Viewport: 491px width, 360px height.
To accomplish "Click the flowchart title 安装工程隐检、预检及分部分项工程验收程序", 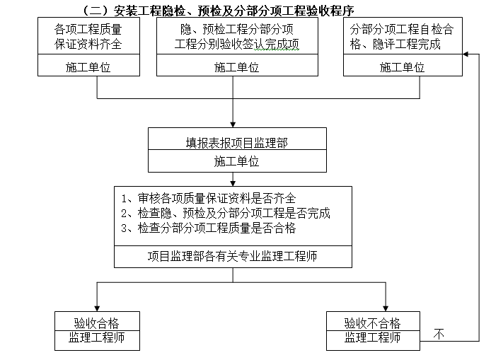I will coord(219,10).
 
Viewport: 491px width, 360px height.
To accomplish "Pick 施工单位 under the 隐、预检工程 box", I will coord(236,68).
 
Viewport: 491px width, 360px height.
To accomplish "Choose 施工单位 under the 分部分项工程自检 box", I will coord(402,68).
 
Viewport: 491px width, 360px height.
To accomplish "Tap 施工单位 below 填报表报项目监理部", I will coord(236,161).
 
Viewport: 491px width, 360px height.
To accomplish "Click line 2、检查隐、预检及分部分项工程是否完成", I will coord(225,213).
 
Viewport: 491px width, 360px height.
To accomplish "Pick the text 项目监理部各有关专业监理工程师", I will coord(233,256).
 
